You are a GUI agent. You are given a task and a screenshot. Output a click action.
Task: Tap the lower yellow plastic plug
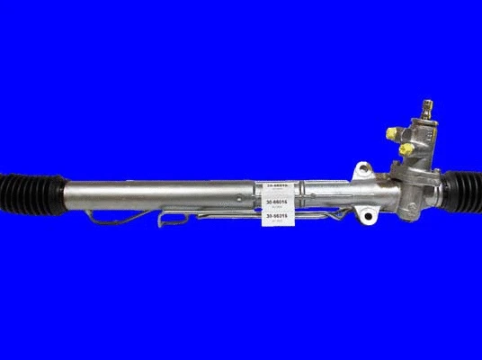click(406, 147)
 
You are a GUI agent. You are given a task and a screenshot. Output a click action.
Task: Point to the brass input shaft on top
click(425, 111)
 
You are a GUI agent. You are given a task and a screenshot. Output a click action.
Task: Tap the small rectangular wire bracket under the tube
click(174, 217)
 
